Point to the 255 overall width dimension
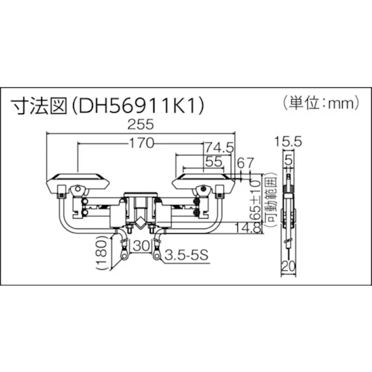[x=141, y=125]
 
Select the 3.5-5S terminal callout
[x=185, y=256]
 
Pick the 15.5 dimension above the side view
[x=289, y=141]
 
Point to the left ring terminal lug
[x=124, y=255]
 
